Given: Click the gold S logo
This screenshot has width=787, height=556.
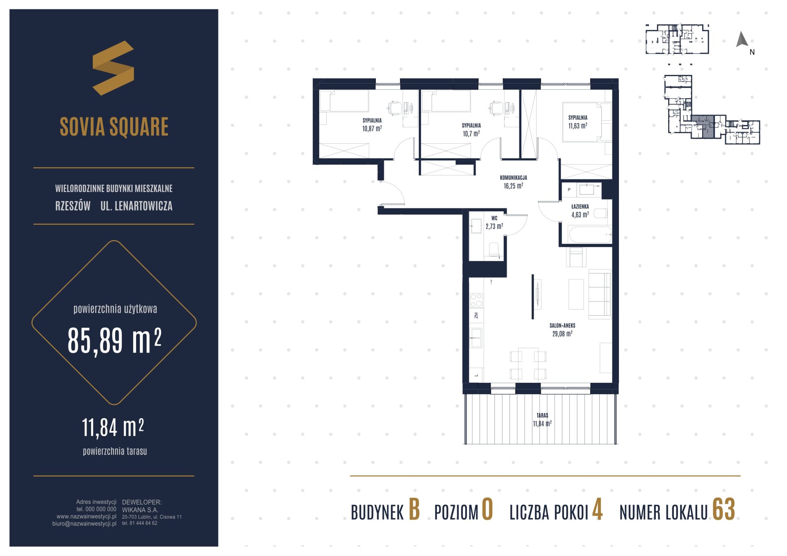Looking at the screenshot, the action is [x=114, y=68].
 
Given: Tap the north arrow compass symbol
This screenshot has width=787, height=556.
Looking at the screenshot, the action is [x=742, y=39].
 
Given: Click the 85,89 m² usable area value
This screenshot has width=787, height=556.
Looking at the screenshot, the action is [x=114, y=341].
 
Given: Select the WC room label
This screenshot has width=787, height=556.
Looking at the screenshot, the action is [x=494, y=219].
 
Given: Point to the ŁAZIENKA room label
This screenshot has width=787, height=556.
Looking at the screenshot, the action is [x=580, y=207].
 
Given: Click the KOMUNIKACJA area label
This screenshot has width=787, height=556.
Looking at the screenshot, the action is [x=513, y=178].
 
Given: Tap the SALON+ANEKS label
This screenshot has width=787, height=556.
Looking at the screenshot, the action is [x=562, y=325].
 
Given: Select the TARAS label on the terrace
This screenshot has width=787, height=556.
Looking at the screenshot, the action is [x=542, y=415].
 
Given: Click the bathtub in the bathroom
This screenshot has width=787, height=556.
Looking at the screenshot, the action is [x=590, y=235].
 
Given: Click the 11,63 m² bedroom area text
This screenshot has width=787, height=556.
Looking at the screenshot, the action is [x=578, y=126].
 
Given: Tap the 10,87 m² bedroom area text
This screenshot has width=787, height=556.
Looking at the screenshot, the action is [x=372, y=128].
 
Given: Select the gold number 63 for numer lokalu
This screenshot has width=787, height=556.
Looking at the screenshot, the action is [x=723, y=510].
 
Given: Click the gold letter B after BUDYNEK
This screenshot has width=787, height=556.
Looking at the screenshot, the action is [x=414, y=510].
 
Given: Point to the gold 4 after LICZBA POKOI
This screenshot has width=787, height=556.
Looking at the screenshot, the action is [x=597, y=510].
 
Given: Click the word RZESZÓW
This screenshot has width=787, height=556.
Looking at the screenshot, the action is [x=73, y=206].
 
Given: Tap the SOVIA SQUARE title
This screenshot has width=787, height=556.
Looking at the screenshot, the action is [x=114, y=127].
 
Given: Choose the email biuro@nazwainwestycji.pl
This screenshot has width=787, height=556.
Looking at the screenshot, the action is [x=84, y=524].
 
